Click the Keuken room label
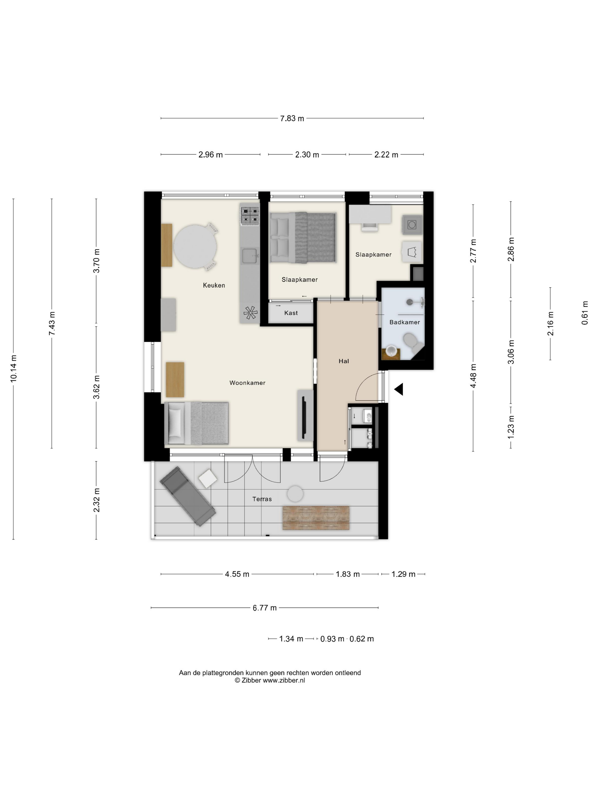pos(214,285)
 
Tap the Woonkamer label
pos(247,383)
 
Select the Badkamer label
pos(404,322)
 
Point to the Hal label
pos(343,361)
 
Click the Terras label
pos(262,499)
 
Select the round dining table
pos(195,247)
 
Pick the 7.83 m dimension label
pos(292,118)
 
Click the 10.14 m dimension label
pos(14,368)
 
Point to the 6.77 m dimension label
pos(265,608)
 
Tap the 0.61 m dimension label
pos(585,313)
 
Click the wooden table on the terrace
pos(316,518)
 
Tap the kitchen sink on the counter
pos(249,256)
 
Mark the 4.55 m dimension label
pos(237,574)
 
